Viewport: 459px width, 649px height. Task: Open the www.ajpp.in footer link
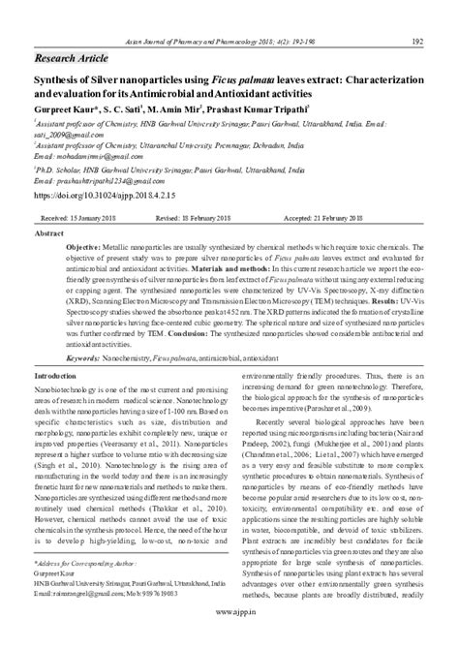[229, 638]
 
